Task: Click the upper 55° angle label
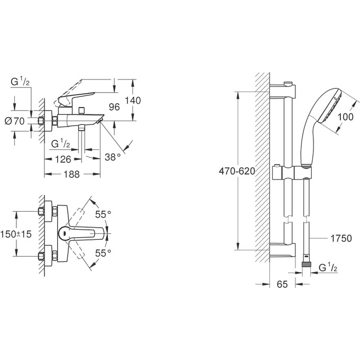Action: (103, 214)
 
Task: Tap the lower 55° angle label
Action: (103, 254)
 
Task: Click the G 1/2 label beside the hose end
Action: (328, 269)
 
